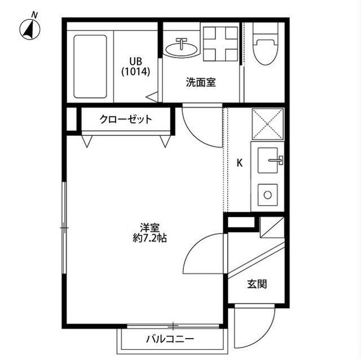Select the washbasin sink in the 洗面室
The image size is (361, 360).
click(182, 47)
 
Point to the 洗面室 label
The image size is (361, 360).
click(201, 82)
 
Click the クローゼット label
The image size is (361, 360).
click(126, 119)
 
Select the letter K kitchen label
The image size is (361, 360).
click(239, 163)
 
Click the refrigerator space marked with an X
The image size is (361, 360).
click(266, 124)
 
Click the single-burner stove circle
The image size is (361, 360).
click(268, 195)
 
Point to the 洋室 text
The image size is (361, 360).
click(150, 228)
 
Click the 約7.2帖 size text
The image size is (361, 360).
click(149, 238)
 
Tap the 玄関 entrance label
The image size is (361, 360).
click(257, 284)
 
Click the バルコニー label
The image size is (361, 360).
click(170, 339)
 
